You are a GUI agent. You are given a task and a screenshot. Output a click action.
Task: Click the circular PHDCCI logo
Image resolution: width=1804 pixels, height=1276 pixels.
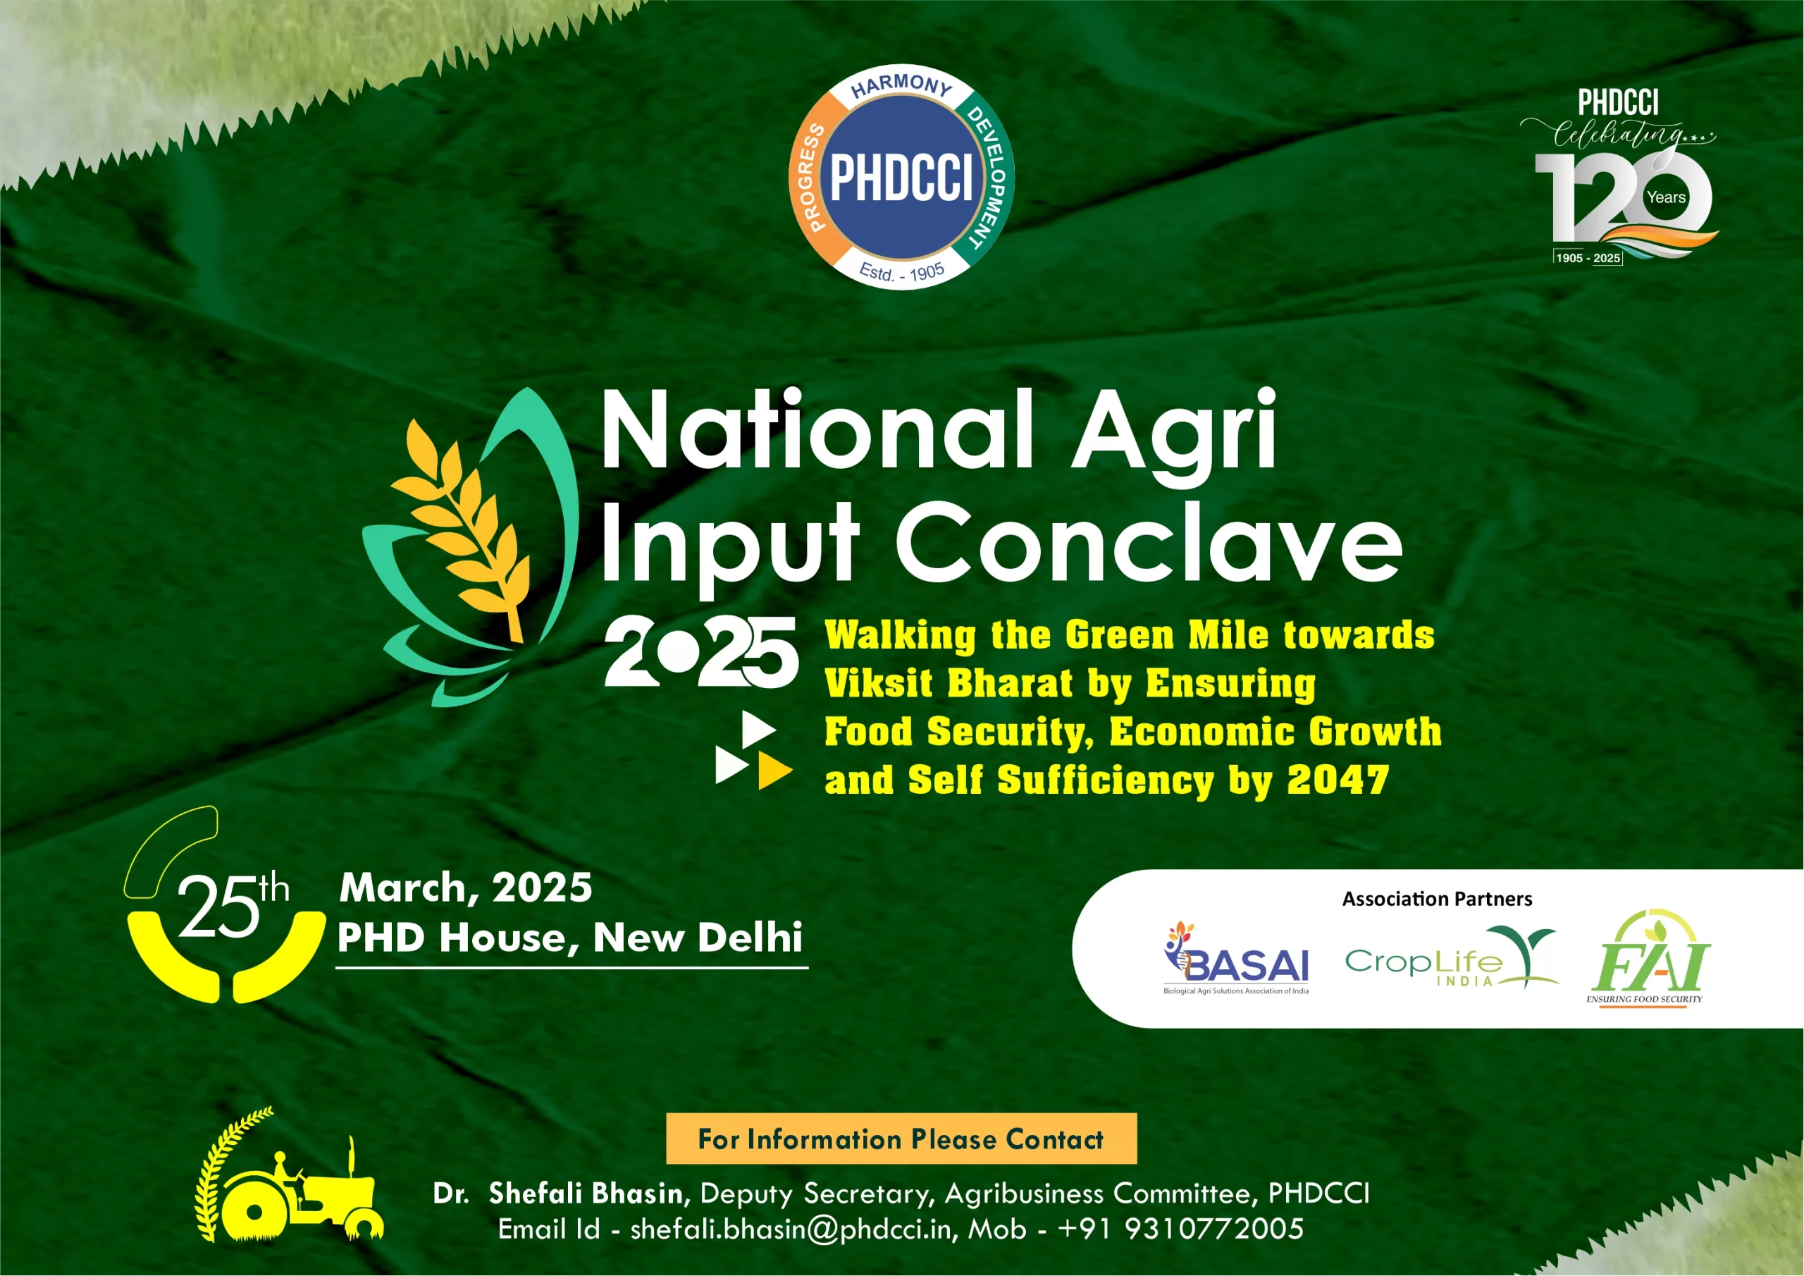pos(901,177)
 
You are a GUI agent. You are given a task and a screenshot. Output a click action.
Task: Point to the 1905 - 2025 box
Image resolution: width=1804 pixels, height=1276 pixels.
pos(1588,258)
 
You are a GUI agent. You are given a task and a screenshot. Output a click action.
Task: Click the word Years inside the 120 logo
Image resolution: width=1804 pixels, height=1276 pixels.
pos(1666,197)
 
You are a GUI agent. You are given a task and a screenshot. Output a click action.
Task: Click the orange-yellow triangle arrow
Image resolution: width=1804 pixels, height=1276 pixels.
pos(773,771)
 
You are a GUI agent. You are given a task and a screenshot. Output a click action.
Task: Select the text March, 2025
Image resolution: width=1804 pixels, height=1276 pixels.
pos(465,888)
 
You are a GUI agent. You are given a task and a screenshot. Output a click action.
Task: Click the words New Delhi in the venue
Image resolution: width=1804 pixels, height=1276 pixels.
pos(698,937)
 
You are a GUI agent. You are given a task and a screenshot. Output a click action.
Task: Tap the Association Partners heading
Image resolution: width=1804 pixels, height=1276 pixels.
pos(1436,899)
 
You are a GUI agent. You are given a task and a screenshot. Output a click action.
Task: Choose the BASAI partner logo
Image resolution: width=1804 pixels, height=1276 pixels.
pos(1236,961)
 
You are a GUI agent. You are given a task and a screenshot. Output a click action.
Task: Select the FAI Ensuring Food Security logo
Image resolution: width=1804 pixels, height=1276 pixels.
pos(1648,959)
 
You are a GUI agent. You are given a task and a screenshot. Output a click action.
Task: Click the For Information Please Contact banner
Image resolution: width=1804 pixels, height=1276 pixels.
pos(901,1139)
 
